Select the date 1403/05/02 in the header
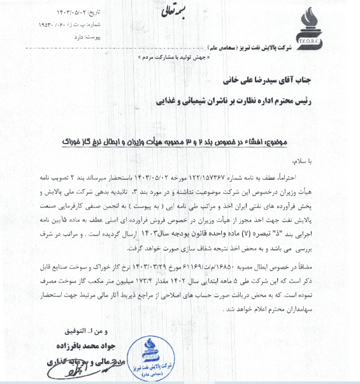(x=67, y=11)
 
